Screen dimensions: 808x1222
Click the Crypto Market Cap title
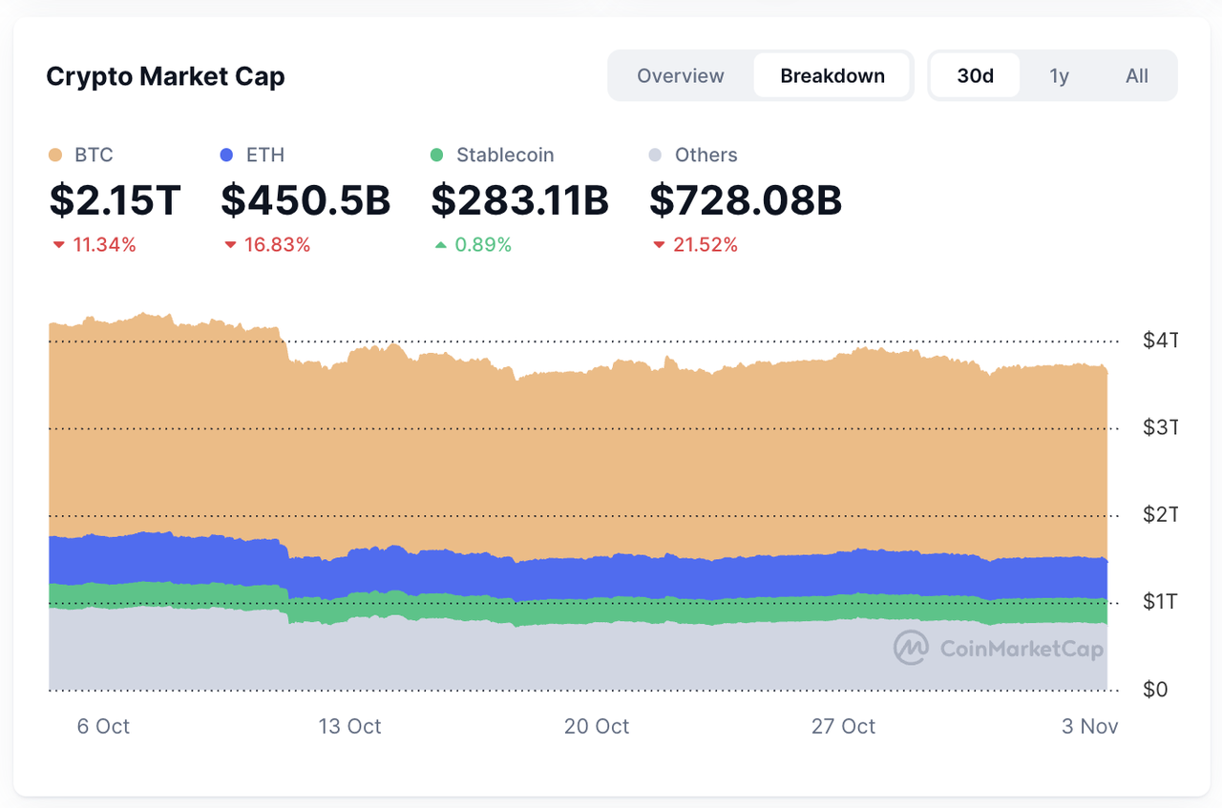pyautogui.click(x=165, y=76)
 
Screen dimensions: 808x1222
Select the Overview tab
pyautogui.click(x=681, y=76)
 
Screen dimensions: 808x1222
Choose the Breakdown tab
pyautogui.click(x=832, y=76)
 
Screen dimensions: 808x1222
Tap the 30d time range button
pyautogui.click(x=975, y=76)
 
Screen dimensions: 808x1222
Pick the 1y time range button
pyautogui.click(x=1059, y=76)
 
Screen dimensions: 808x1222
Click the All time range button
pyautogui.click(x=1136, y=76)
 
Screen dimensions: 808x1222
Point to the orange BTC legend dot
pyautogui.click(x=55, y=155)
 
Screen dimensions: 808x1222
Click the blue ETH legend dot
pyautogui.click(x=227, y=155)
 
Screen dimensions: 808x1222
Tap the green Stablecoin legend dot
pyautogui.click(x=437, y=155)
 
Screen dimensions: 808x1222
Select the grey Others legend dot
pyautogui.click(x=655, y=155)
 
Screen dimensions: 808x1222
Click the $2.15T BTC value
pyautogui.click(x=115, y=200)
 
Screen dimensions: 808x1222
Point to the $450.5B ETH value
pyautogui.click(x=305, y=200)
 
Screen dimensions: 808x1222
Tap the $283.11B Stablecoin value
pyautogui.click(x=519, y=200)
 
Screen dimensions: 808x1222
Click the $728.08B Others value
pyautogui.click(x=745, y=200)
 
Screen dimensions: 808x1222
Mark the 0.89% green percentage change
pyautogui.click(x=482, y=245)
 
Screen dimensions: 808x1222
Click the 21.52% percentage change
pyautogui.click(x=705, y=245)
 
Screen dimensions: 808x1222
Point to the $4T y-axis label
pyautogui.click(x=1160, y=340)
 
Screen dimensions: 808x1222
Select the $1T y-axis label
pyautogui.click(x=1160, y=602)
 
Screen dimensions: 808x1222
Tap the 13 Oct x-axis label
pyautogui.click(x=349, y=727)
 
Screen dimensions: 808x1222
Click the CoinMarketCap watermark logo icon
pyautogui.click(x=911, y=648)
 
